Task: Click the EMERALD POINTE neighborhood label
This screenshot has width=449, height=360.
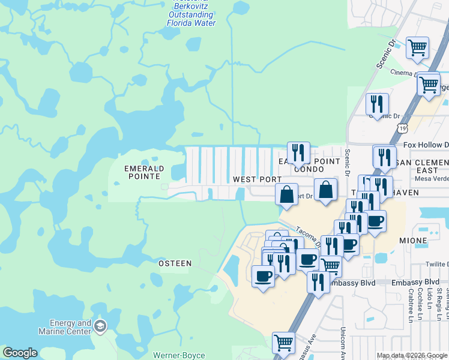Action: (142, 172)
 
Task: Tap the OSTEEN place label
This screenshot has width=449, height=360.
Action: (175, 263)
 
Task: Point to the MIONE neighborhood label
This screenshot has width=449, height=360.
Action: (413, 241)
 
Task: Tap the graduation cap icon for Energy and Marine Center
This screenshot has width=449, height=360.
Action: (100, 327)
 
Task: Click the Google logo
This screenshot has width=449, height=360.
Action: (20, 353)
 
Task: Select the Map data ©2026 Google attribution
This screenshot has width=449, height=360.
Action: (412, 355)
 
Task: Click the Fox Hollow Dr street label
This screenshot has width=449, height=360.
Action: (426, 145)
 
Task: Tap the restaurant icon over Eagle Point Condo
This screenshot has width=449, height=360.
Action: (298, 153)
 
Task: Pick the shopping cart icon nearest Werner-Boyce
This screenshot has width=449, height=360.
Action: (283, 343)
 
